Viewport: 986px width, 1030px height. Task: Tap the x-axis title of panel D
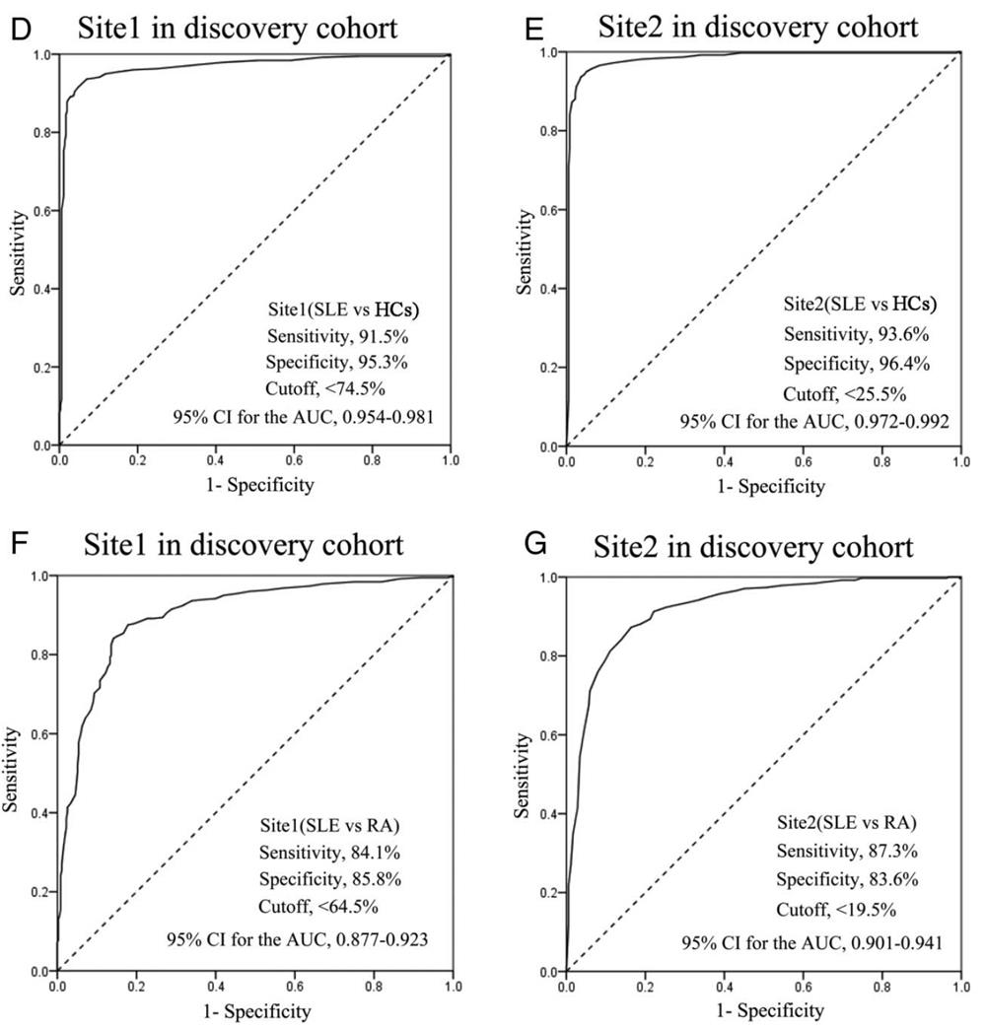(x=254, y=484)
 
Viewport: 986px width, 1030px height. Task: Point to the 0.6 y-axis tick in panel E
(x=548, y=210)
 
